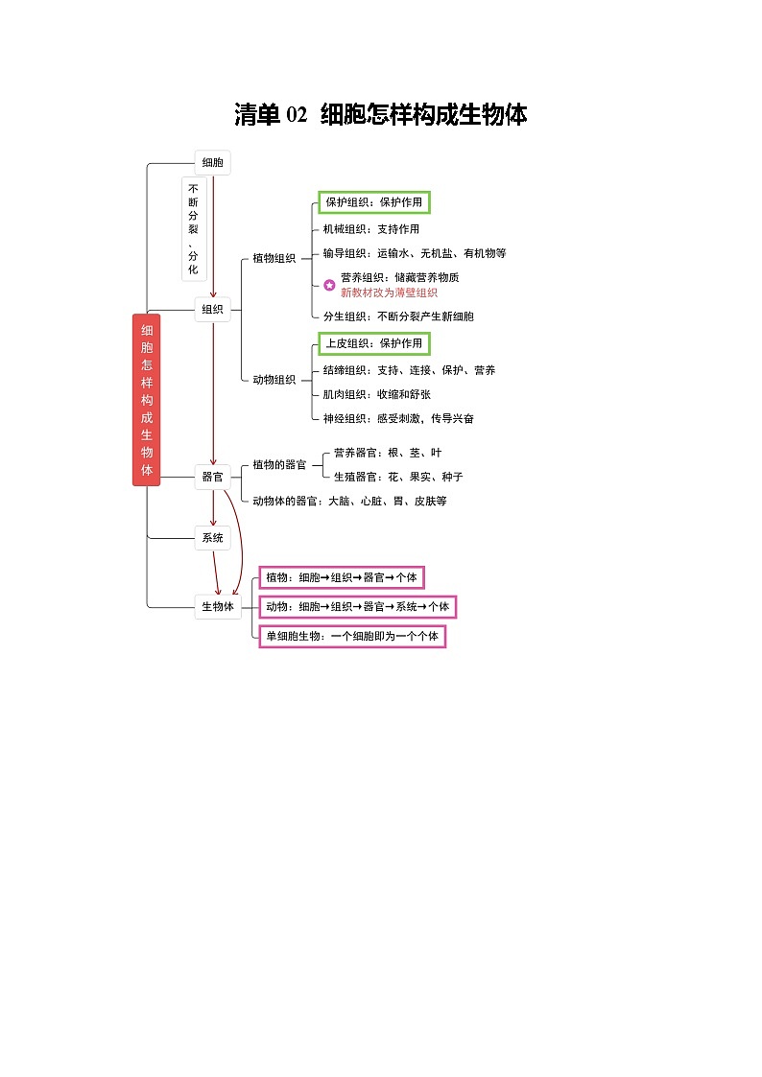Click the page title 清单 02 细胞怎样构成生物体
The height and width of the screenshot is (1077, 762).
tap(381, 114)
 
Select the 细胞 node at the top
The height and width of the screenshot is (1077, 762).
tap(212, 163)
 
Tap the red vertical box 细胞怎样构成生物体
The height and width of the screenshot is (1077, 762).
tap(146, 400)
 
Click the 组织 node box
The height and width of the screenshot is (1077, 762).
tap(212, 310)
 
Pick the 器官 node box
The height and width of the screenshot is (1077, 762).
tap(212, 477)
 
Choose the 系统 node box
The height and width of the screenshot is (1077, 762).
tap(212, 538)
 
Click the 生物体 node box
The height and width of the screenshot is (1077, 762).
tap(218, 606)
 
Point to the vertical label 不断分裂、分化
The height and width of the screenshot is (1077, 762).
tap(193, 228)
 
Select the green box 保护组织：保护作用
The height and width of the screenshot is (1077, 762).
tap(373, 202)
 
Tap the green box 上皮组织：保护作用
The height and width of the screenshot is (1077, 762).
tap(373, 343)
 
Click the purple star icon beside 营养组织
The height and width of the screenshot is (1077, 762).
tap(330, 285)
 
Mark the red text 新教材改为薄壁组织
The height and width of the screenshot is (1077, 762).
tap(389, 293)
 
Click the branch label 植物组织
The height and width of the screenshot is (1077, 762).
tap(274, 258)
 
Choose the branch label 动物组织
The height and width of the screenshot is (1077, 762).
tap(274, 380)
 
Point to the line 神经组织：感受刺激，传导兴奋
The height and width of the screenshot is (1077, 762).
tap(398, 418)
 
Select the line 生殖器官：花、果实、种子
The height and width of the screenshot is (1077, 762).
tap(398, 477)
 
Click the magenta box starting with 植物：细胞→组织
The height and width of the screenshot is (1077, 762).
tap(342, 577)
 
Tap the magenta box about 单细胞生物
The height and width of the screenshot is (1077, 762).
tap(352, 636)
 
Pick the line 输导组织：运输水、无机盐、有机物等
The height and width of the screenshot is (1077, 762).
tap(415, 253)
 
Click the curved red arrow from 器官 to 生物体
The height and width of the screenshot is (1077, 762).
tap(242, 543)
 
